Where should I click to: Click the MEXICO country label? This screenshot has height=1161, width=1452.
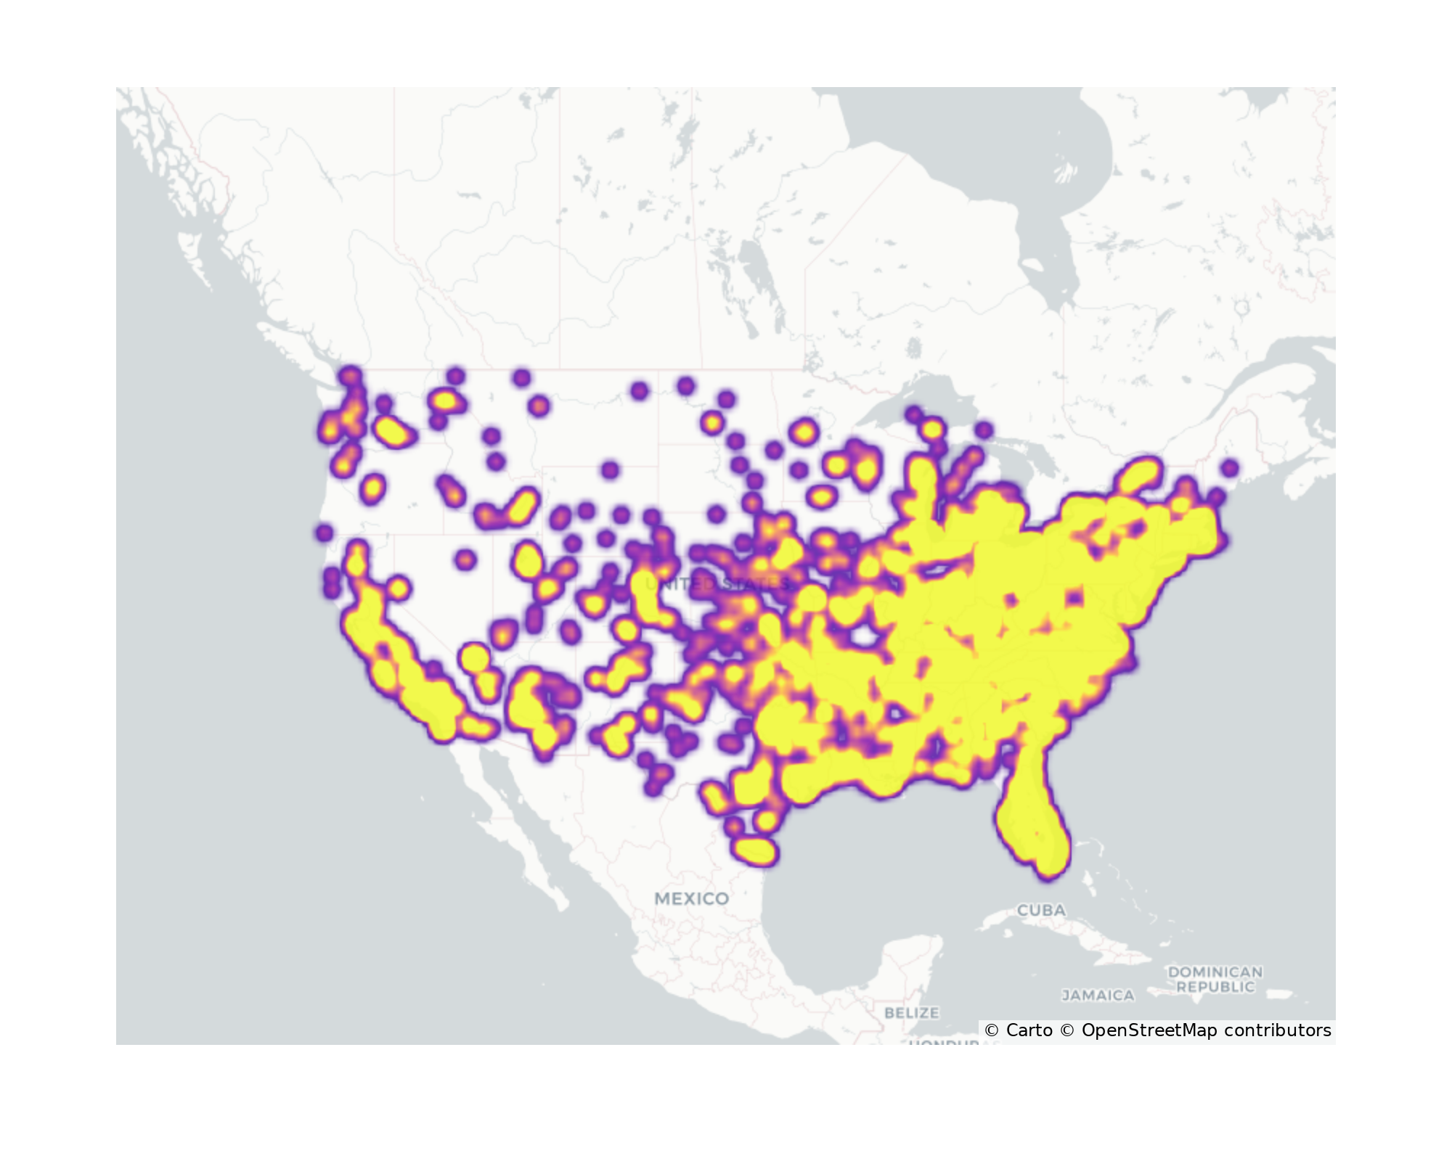tap(691, 899)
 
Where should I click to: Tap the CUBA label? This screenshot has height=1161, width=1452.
tap(1041, 910)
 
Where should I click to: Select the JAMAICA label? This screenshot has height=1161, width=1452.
tap(1098, 996)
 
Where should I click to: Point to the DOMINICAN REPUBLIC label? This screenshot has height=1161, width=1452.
tap(1215, 980)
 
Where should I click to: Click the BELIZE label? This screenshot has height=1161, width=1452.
tap(912, 1012)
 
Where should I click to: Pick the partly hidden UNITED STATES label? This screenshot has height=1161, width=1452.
tap(717, 584)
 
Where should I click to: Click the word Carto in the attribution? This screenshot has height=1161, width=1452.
tap(1029, 1030)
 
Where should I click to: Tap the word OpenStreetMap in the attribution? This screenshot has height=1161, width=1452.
tap(1149, 1030)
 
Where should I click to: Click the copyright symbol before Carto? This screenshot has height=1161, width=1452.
tap(992, 1030)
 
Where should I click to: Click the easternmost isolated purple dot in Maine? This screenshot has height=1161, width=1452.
tap(1229, 468)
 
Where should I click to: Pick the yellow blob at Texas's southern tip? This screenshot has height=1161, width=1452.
tap(755, 850)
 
